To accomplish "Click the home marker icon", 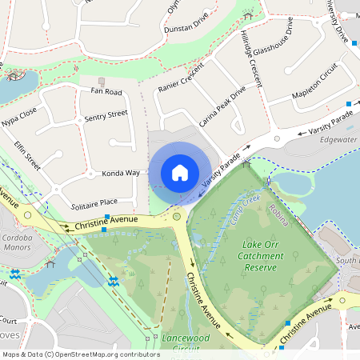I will point(180,172).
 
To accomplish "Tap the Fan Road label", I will point(100,92).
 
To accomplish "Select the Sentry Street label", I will point(106,117).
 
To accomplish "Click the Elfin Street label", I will point(27,154).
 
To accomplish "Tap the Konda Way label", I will point(121,173).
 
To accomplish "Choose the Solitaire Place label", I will point(94,202).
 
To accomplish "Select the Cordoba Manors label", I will point(16,242).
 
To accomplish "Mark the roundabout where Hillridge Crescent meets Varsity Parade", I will point(278,138).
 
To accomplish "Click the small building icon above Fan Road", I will point(102,81).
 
